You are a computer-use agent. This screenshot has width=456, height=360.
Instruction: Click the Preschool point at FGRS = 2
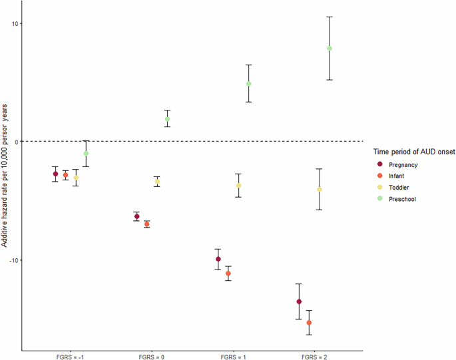pos(330,48)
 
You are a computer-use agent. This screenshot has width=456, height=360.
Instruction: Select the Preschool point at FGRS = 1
pos(249,84)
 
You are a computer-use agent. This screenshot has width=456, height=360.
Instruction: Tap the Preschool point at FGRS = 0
pos(168,119)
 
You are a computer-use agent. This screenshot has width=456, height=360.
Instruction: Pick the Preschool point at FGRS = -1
pos(86,154)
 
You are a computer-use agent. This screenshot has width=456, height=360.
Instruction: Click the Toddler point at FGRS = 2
pos(320,190)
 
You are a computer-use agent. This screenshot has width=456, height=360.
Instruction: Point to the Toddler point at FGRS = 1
pos(238,186)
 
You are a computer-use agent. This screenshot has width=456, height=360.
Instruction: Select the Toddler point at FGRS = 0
pos(157,182)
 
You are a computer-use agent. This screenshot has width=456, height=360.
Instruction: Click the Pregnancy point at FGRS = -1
pos(55,174)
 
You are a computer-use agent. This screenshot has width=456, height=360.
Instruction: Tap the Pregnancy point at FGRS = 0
pos(136,217)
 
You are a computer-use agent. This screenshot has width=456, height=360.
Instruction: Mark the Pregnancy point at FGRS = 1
pos(218,260)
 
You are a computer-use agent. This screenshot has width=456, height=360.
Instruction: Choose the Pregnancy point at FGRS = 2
pos(299,302)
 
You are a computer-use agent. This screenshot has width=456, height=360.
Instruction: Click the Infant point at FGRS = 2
pos(309,323)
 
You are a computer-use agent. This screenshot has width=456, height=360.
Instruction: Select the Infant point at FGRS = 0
pos(147,224)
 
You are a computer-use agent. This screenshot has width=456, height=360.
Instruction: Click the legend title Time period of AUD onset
pos(413,152)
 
